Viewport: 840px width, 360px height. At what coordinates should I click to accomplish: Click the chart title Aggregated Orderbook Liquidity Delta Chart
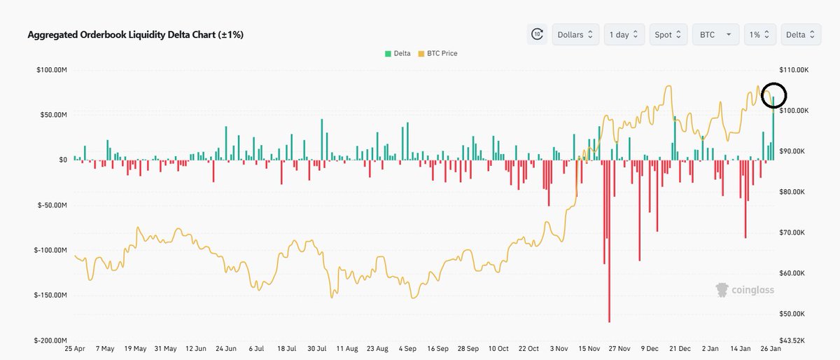(x=135, y=34)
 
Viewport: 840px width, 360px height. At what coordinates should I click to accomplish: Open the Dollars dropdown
(x=575, y=34)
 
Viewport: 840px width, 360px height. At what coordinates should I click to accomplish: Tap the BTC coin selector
(x=715, y=34)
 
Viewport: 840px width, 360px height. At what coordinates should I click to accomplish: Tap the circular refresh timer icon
(x=537, y=34)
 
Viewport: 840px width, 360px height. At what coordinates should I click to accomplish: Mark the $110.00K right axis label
(x=793, y=70)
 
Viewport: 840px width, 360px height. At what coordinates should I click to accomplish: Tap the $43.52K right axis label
(x=792, y=340)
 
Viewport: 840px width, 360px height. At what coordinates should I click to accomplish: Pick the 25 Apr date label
(x=74, y=349)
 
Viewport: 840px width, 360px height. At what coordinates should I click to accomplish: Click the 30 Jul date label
(x=318, y=349)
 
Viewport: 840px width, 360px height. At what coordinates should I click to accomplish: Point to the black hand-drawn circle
(x=773, y=94)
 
